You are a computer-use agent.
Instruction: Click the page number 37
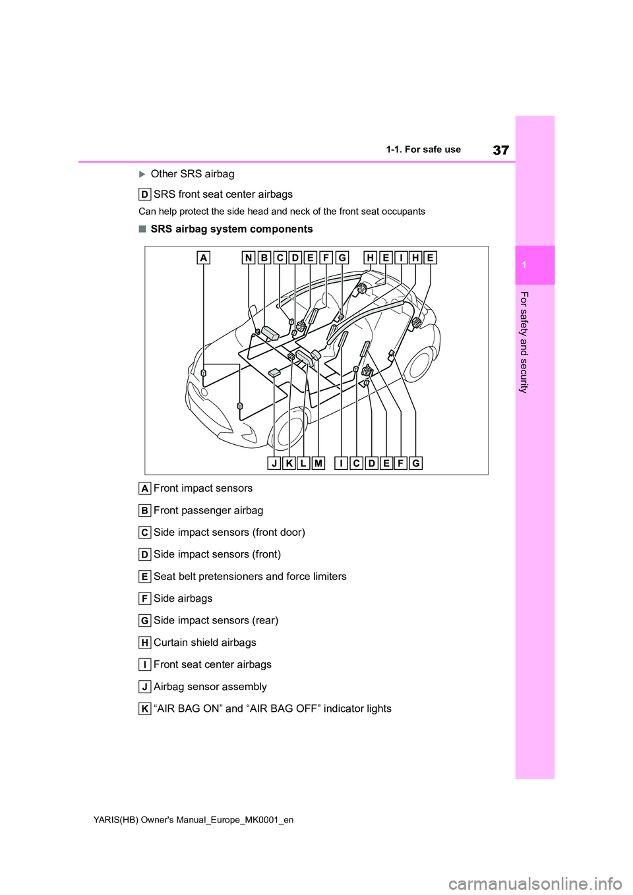click(500, 150)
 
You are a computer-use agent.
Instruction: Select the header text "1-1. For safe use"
click(423, 150)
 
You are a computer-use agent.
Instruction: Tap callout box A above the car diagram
click(204, 258)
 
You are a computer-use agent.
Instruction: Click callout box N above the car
click(249, 258)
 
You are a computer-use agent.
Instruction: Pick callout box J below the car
click(274, 463)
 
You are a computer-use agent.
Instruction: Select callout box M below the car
click(318, 463)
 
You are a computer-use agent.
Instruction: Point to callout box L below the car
click(303, 463)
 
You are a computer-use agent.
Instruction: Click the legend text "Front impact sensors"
click(202, 488)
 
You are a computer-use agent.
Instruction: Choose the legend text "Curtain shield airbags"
click(204, 643)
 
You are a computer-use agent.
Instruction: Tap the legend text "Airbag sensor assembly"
click(210, 687)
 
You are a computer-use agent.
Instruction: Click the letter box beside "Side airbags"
click(144, 598)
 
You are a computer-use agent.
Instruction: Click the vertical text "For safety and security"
click(524, 342)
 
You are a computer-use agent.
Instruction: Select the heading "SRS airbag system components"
click(231, 229)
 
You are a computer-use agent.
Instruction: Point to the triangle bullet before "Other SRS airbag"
click(142, 174)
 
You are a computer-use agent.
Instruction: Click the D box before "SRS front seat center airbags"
click(144, 194)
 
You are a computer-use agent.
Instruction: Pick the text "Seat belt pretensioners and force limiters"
click(250, 577)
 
